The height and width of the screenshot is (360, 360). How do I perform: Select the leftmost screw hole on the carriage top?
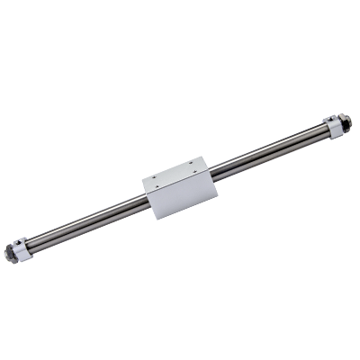tap(157, 176)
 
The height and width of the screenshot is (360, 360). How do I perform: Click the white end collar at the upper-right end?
tap(334, 129)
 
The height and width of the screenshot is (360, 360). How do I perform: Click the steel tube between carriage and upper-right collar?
tap(270, 152)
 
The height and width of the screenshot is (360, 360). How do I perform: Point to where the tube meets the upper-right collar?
tap(326, 133)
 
